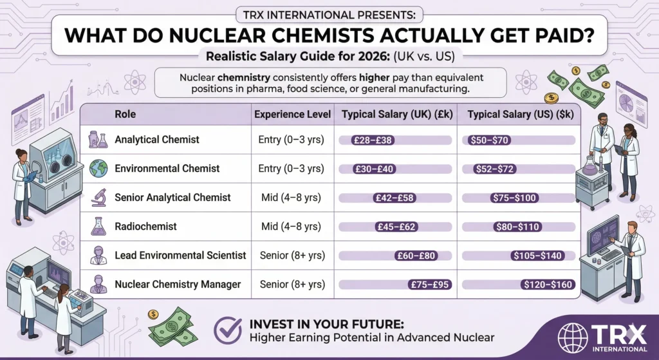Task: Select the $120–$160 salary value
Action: (x=546, y=284)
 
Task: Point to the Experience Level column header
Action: (x=293, y=115)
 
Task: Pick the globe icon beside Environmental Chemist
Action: (x=99, y=168)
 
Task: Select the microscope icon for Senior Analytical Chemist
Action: (x=99, y=197)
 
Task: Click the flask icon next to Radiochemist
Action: (x=99, y=226)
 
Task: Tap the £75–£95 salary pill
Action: (x=428, y=284)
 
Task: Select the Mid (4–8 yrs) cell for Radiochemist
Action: (x=292, y=226)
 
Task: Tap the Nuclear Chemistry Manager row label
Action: (x=178, y=284)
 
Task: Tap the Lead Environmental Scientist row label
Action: (x=180, y=256)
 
